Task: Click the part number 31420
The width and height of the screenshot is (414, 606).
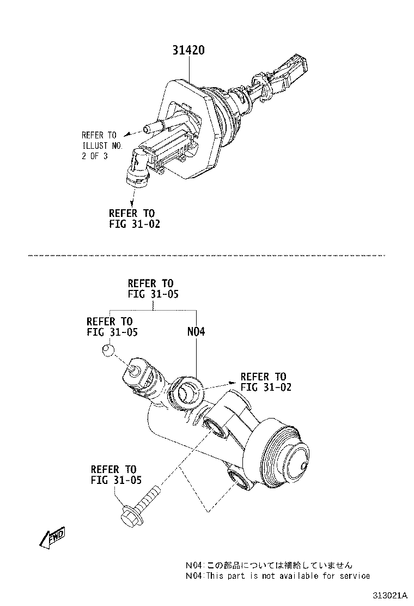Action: (x=188, y=51)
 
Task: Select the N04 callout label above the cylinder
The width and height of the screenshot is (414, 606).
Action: (x=196, y=331)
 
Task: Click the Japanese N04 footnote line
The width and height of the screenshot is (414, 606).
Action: (x=269, y=565)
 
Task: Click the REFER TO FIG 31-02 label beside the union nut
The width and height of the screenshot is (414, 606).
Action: (x=265, y=381)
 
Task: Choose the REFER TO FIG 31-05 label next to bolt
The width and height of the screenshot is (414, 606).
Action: (x=116, y=474)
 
